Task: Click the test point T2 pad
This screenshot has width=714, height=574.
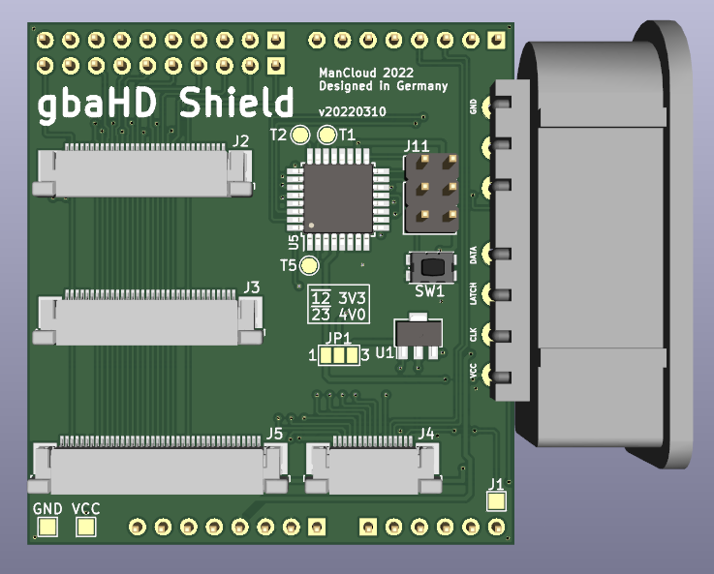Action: (x=300, y=135)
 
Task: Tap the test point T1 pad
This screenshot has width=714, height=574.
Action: (x=326, y=135)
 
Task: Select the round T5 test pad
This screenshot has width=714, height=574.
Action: (x=310, y=265)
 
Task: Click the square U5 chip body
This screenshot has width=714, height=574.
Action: (x=338, y=198)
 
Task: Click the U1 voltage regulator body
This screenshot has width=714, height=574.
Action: (x=418, y=332)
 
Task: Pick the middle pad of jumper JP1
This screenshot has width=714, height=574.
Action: (x=339, y=355)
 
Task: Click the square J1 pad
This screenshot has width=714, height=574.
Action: (x=496, y=501)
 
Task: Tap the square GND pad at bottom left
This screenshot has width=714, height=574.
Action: (x=47, y=528)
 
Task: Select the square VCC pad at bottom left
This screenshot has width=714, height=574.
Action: (x=85, y=528)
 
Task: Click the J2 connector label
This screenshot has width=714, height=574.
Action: (x=240, y=141)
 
